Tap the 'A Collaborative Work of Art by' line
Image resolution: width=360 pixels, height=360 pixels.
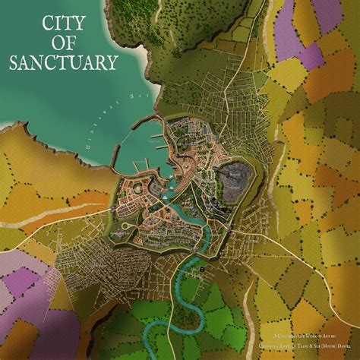pos(305,333)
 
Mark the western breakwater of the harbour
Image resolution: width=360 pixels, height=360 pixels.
pos(115,156)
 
